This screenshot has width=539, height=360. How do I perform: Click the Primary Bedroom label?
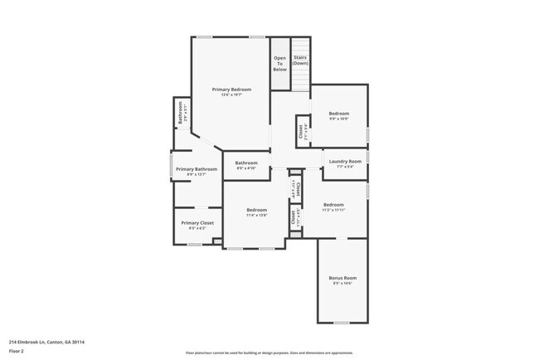(x=231, y=89)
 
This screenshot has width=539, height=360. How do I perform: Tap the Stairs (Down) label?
(x=300, y=61)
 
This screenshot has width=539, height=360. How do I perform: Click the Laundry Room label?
(x=345, y=161)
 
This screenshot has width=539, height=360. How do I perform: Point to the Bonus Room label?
(x=342, y=278)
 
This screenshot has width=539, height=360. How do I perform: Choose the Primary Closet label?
(x=197, y=223)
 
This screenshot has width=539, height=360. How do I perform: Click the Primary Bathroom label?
(x=197, y=169)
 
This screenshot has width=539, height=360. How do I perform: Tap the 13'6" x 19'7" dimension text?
(x=231, y=95)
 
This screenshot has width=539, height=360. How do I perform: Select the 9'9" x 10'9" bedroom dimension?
(x=339, y=119)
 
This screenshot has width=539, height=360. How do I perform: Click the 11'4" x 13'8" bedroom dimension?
(x=257, y=216)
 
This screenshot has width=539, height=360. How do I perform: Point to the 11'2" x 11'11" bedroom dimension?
(x=333, y=210)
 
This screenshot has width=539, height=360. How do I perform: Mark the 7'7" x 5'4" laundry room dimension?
(x=345, y=167)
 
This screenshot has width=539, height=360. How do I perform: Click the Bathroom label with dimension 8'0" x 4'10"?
(x=246, y=163)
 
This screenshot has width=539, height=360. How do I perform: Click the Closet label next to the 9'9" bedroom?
(x=301, y=131)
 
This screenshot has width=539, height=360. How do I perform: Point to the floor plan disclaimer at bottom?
(x=269, y=353)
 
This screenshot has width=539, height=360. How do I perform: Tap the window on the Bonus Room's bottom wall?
(x=341, y=322)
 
